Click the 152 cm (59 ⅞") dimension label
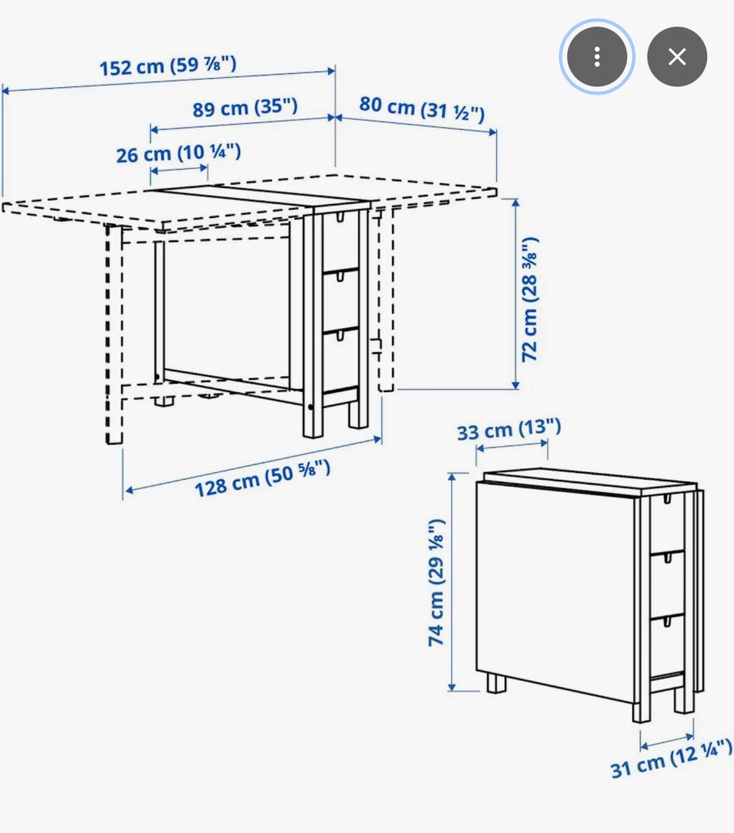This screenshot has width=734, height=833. pos(168,66)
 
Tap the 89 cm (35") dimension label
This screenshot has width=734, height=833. pos(245,108)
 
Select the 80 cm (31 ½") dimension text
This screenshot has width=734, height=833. pos(422,109)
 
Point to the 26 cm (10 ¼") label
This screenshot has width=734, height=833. pos(179,153)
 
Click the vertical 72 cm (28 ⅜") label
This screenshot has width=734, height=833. pos(530,300)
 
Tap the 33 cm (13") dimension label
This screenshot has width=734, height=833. pos(509,429)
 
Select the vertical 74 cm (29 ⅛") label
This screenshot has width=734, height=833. pos(437,583)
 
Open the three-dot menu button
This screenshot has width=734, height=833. pos(597,57)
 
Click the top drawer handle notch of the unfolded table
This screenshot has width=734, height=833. pos(340,217)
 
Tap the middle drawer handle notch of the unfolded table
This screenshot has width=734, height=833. pos(339,276)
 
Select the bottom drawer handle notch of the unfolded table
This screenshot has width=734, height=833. pos(339,335)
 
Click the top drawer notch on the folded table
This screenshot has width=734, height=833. pos(667,500)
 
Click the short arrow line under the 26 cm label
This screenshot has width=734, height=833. pos(179,170)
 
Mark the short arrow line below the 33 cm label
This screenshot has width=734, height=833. pos(512,446)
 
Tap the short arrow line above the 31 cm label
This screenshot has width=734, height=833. pos(667,741)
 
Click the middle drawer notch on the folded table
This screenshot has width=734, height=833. pos(667,559)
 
